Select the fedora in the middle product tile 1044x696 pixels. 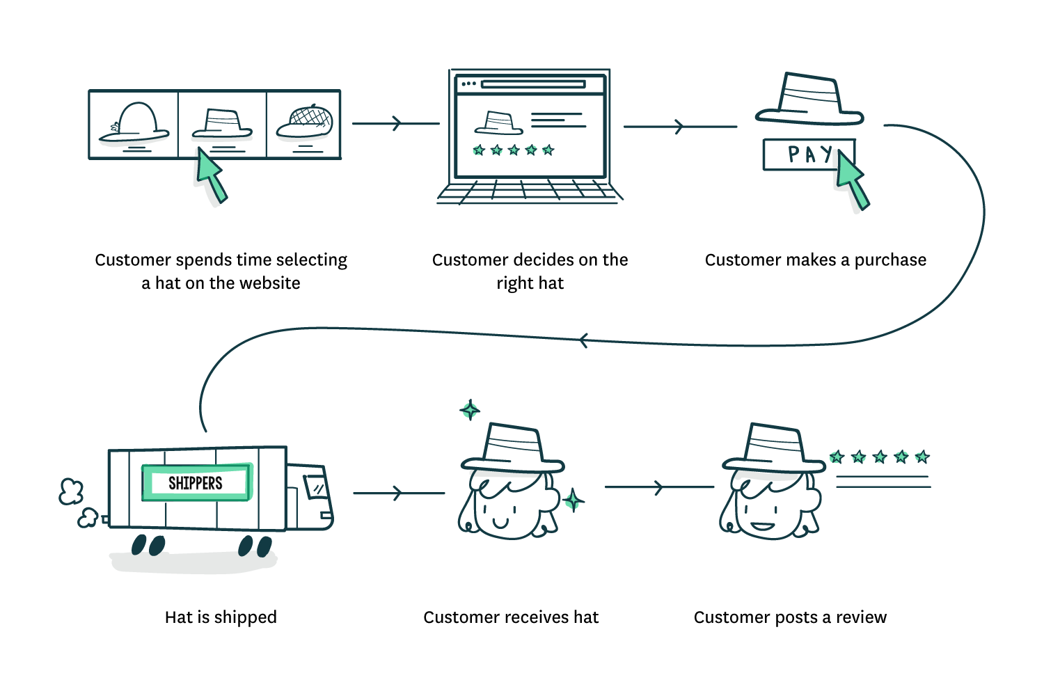(x=221, y=125)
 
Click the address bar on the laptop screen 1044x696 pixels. (x=532, y=84)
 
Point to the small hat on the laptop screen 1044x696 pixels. (x=498, y=123)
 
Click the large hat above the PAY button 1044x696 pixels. (x=809, y=100)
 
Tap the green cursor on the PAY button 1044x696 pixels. (x=850, y=181)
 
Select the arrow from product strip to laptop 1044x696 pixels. (x=395, y=124)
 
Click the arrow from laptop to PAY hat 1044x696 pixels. (x=679, y=127)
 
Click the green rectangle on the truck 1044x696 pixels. (x=197, y=482)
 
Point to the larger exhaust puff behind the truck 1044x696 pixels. (x=70, y=491)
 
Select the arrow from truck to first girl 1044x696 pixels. (x=397, y=493)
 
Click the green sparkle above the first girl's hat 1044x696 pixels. (x=470, y=410)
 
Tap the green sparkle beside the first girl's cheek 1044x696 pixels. (x=572, y=500)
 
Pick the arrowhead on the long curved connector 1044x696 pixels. (x=583, y=340)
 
